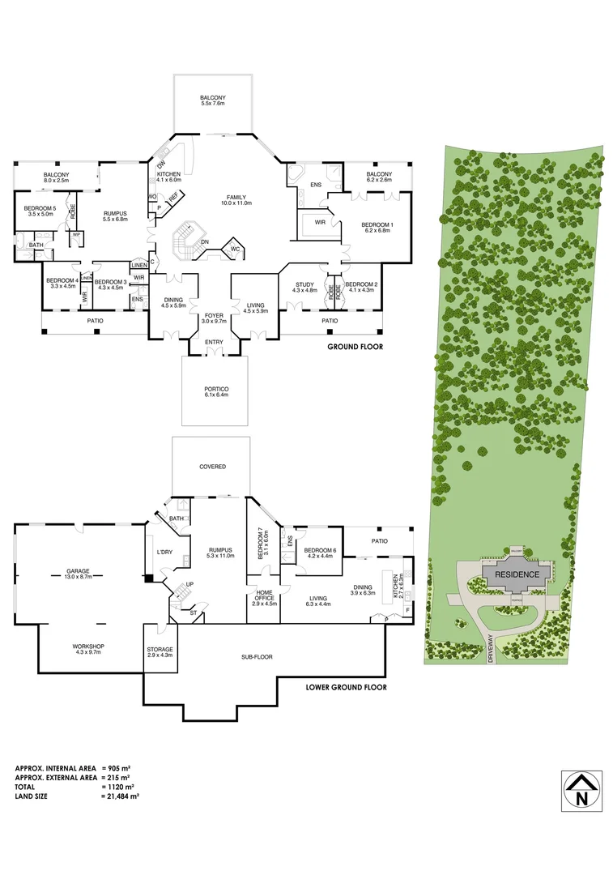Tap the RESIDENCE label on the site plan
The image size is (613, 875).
pyautogui.click(x=517, y=574)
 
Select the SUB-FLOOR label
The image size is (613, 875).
pyautogui.click(x=257, y=657)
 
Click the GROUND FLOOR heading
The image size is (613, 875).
pyautogui.click(x=355, y=347)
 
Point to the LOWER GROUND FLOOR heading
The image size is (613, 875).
pyautogui.click(x=346, y=687)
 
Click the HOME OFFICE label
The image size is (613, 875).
pyautogui.click(x=265, y=596)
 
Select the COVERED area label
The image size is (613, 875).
pyautogui.click(x=213, y=467)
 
